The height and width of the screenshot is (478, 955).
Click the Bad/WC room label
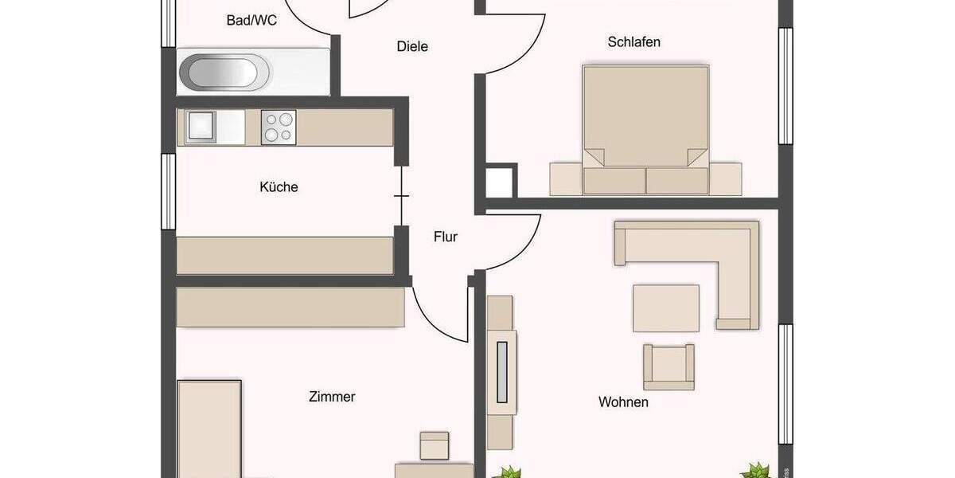click(x=251, y=21)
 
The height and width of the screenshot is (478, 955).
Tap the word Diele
click(x=412, y=46)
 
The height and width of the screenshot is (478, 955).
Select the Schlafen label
click(x=633, y=41)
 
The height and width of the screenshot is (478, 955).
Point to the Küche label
click(x=279, y=187)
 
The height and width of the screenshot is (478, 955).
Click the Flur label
click(x=446, y=237)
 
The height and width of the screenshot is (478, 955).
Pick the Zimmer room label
click(x=332, y=396)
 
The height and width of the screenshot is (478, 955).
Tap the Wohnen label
click(x=623, y=402)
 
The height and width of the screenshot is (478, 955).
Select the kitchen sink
click(x=201, y=127)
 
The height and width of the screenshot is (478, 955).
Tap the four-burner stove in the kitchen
click(x=279, y=127)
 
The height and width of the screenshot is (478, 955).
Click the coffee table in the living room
click(x=666, y=308)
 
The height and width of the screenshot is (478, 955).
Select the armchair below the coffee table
click(x=668, y=366)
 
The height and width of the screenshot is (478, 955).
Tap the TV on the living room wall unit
click(x=501, y=371)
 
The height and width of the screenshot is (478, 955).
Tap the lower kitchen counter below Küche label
click(x=285, y=256)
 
